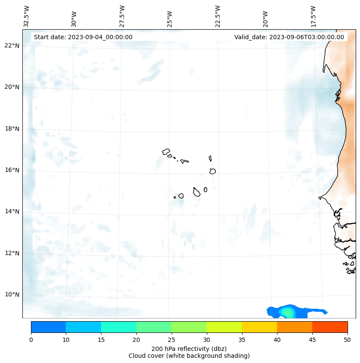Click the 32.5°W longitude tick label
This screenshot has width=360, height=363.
pos(27,16)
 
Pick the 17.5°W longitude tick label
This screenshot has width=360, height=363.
pos(314,16)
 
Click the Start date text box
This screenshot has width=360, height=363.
pos(83,37)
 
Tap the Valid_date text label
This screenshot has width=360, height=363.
pos(289,37)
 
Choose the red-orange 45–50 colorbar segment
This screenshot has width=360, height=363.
pos(329,327)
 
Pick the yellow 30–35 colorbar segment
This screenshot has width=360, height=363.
pos(224,327)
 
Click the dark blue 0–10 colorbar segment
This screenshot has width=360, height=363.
pos(48,327)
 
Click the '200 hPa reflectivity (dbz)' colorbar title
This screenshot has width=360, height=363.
pos(189,348)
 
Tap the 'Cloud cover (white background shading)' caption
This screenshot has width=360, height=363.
pos(189,356)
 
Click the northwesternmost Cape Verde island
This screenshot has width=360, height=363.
pos(166,152)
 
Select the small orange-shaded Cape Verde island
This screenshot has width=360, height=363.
pos(181,195)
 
